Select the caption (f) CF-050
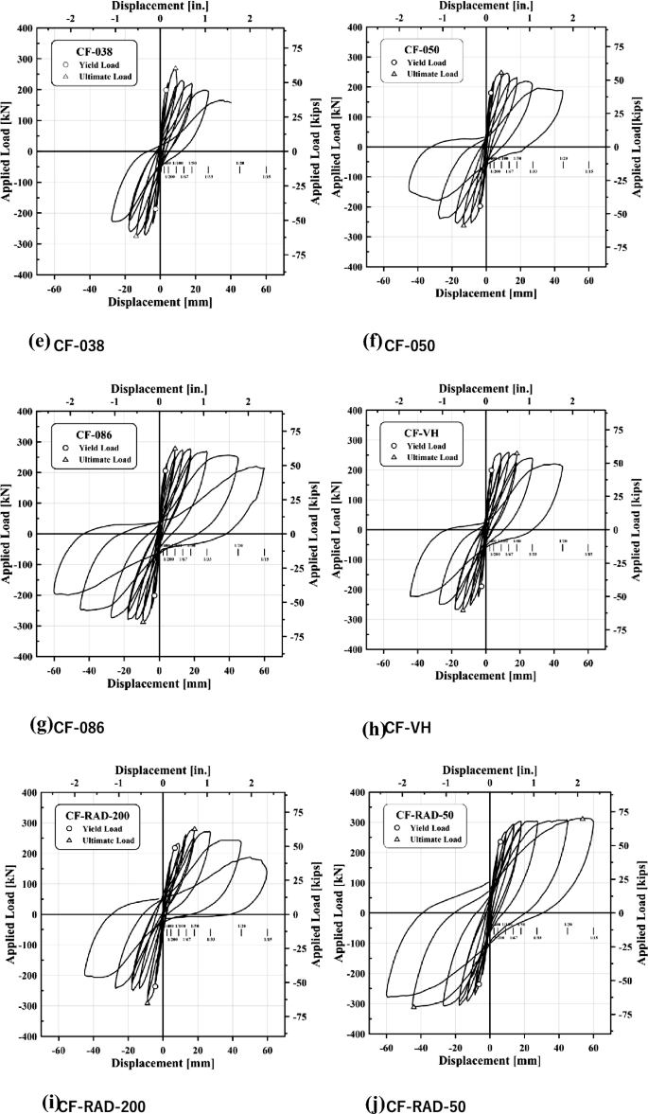(398, 344)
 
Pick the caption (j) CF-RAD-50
(413, 1104)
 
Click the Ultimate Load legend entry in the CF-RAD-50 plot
(430, 839)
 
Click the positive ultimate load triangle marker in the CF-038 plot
(175, 69)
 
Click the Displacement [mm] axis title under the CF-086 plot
(159, 682)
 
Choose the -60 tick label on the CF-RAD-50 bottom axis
(386, 1049)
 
